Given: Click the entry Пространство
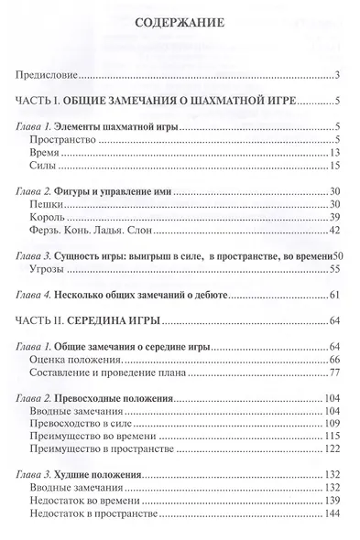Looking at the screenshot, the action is (x=63, y=139).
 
